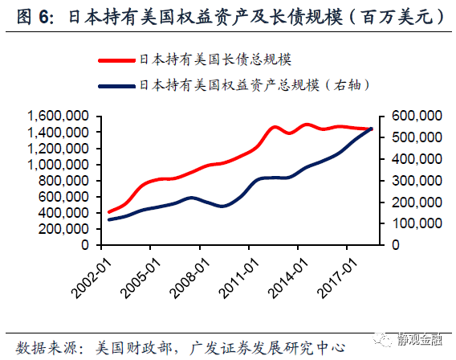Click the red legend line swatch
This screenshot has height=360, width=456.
(x=116, y=59)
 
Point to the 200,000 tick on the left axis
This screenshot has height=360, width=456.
(x=64, y=228)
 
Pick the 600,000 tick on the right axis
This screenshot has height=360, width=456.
(x=415, y=117)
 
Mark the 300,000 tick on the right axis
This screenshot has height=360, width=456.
(x=415, y=179)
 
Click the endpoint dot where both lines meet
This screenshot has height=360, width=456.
(x=371, y=129)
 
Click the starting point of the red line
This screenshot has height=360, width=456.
(x=108, y=212)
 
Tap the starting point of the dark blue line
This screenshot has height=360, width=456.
(x=108, y=219)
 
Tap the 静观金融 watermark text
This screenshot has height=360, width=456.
(x=420, y=341)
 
